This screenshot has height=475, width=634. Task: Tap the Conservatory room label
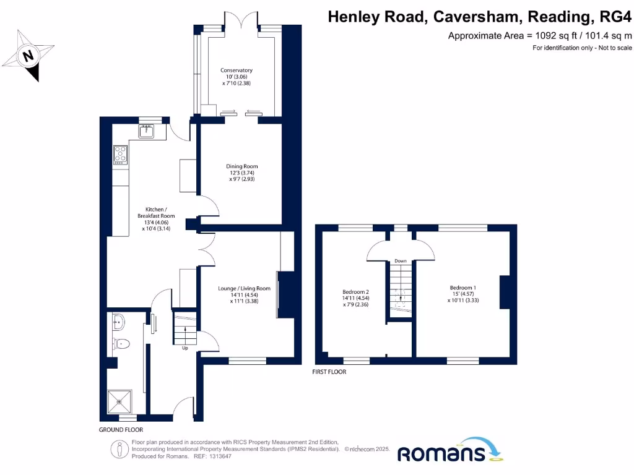(x=237, y=71)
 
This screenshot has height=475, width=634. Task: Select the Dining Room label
(x=241, y=166)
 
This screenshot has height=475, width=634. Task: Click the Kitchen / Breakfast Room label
(x=154, y=212)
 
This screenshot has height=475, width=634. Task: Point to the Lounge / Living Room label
(x=244, y=288)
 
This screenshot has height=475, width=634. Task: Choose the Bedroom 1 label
(x=463, y=288)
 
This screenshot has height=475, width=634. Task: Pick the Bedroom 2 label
(x=356, y=292)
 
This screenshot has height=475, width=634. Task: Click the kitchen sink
(x=147, y=131)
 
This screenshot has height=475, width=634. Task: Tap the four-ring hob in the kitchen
(x=120, y=154)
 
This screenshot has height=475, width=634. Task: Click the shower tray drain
(x=119, y=402)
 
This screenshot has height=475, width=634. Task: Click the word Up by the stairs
(x=185, y=348)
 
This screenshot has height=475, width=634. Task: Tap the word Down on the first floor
(x=401, y=261)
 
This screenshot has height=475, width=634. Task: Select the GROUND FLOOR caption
(x=121, y=429)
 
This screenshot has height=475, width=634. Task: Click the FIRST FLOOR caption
(x=329, y=372)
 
